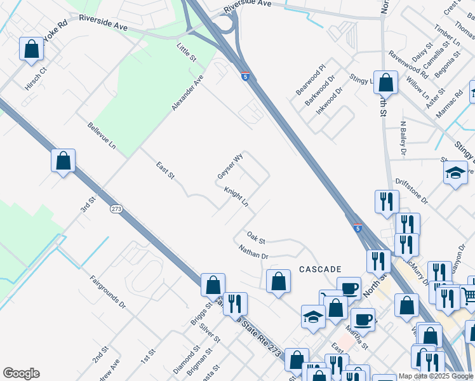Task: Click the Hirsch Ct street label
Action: [x=35, y=75]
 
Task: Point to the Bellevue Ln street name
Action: [x=102, y=136]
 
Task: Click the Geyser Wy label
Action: [x=231, y=166]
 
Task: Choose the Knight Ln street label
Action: [x=236, y=197]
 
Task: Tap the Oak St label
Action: [x=256, y=237]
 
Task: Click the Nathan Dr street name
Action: [x=254, y=253]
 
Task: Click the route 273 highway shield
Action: [x=116, y=209]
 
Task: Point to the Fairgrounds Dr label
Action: [x=107, y=291]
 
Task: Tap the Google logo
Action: [x=21, y=373]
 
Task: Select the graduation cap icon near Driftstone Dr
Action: [x=455, y=173]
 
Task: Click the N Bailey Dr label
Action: [x=403, y=138]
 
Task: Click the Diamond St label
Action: [x=187, y=359]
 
